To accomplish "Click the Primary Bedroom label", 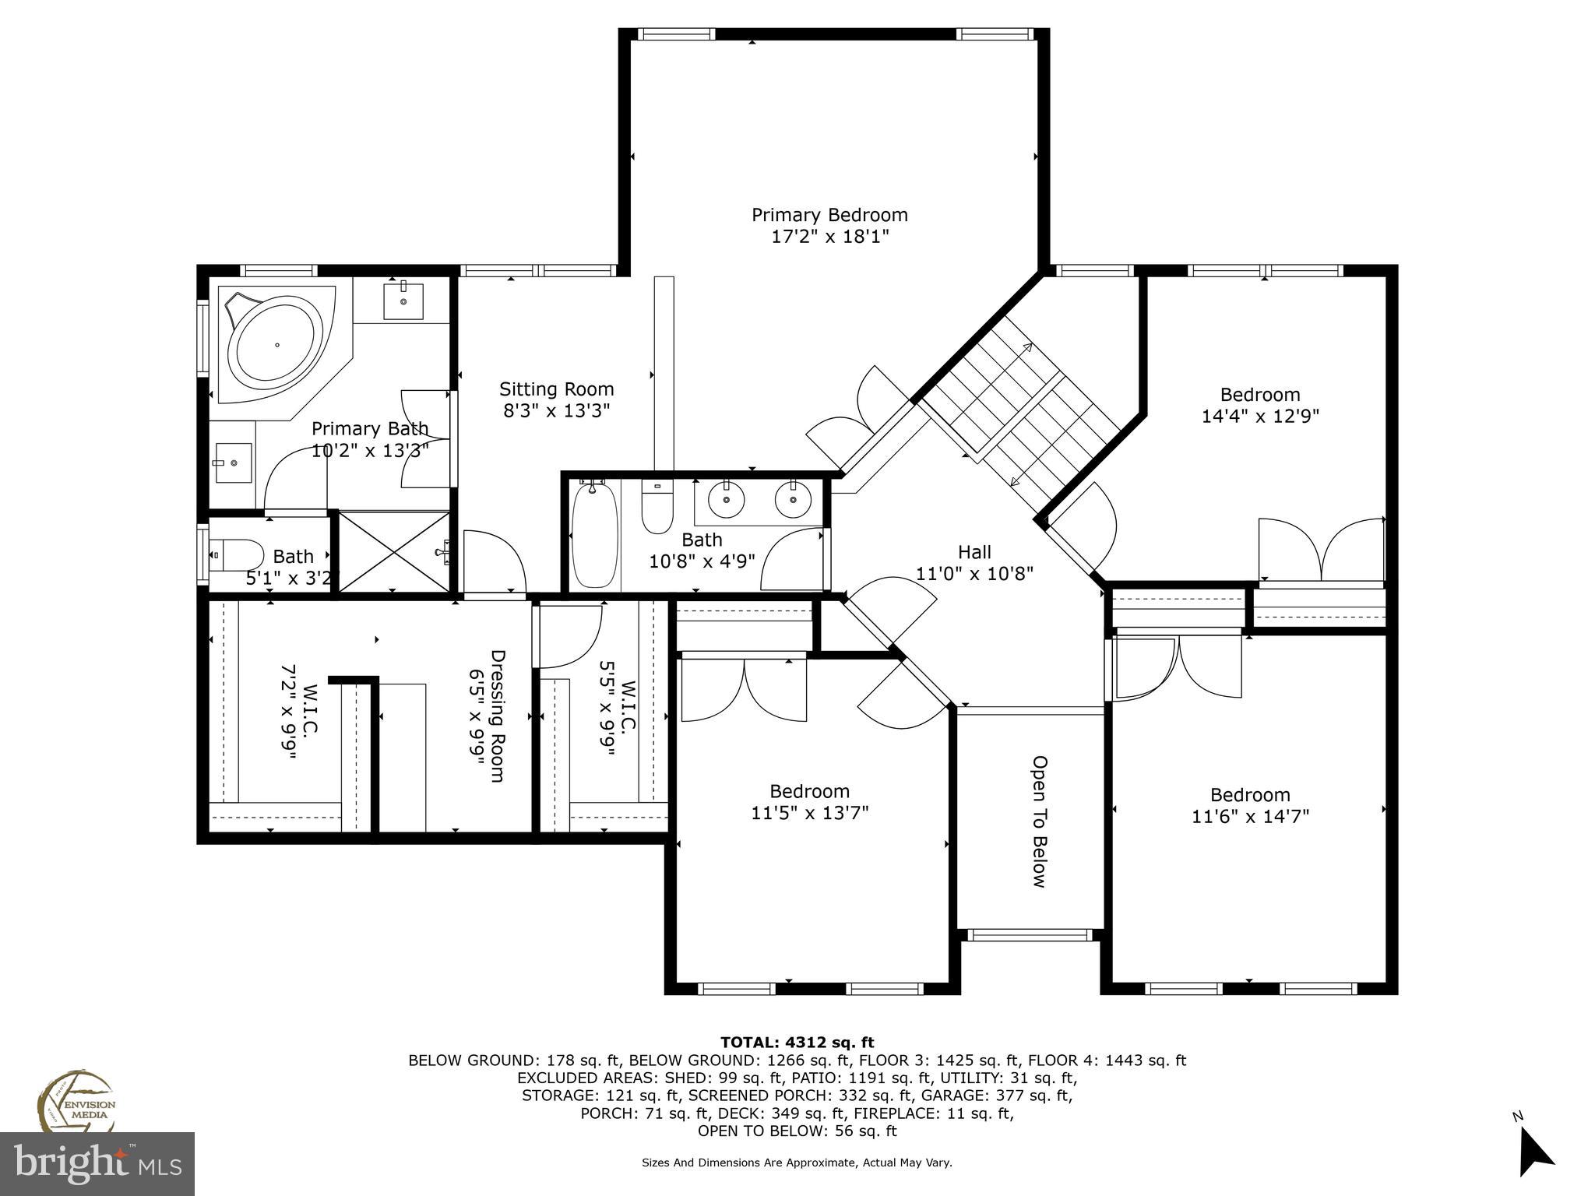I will (829, 215).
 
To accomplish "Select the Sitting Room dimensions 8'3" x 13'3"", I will (556, 410).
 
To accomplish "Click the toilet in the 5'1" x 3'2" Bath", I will (238, 555).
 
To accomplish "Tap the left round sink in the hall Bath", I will (727, 499).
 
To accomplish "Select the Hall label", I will (974, 552).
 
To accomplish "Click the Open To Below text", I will (1039, 821).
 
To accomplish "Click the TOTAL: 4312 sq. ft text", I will (797, 1042).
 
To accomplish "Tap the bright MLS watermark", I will (97, 1163).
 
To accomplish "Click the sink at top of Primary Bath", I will (403, 301).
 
